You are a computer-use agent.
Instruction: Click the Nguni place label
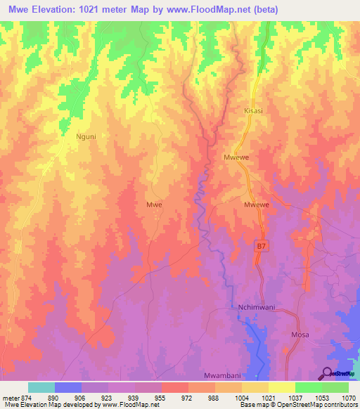pos(85,138)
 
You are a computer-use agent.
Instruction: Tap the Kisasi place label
pos(253,111)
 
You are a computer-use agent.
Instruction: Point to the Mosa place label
pos(300,335)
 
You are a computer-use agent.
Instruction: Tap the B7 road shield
pos(261,246)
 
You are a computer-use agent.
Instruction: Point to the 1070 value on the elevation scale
pos(349,397)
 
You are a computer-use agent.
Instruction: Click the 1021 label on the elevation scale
pos(269,397)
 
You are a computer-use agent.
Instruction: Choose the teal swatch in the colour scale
pos(41,387)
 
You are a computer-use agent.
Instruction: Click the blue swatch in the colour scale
pos(68,387)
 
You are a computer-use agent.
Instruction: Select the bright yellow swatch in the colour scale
pos(282,387)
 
